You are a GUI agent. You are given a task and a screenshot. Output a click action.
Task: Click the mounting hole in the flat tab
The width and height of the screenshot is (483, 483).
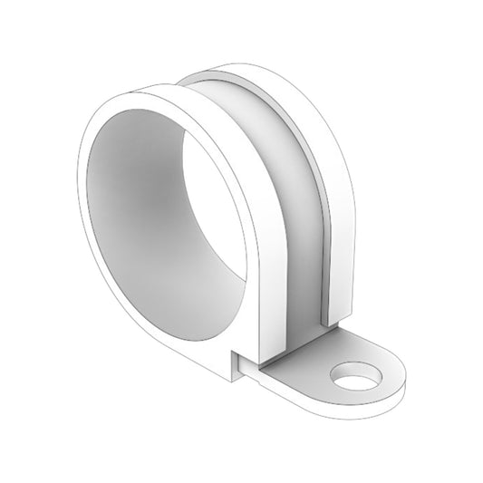[x=356, y=374]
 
